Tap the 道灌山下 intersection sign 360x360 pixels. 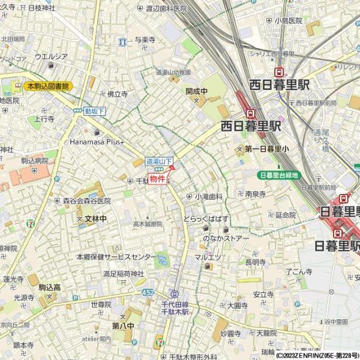[x=160, y=161]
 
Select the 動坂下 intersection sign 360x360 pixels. [x=95, y=111]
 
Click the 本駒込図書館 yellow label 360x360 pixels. [x=48, y=86]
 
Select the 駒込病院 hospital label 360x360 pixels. [x=35, y=161]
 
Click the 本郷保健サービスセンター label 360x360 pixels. [x=116, y=257]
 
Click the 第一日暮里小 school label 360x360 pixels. [x=266, y=148]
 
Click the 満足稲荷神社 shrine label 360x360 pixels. [x=124, y=274]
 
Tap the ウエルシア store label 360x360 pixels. [x=51, y=56]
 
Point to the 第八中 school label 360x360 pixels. [x=123, y=325]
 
